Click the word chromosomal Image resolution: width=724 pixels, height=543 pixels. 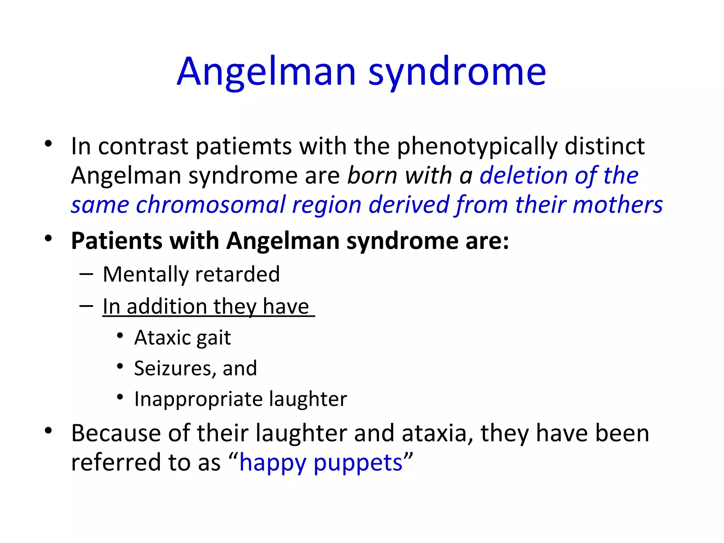(x=210, y=205)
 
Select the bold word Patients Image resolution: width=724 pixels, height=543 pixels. (x=116, y=241)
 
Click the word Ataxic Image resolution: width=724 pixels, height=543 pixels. (x=162, y=338)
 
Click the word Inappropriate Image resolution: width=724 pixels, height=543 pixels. (x=198, y=399)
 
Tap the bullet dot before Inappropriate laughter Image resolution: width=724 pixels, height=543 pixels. (x=120, y=397)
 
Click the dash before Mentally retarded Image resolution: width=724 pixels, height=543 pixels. (x=86, y=274)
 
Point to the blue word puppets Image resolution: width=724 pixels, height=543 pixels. (x=358, y=463)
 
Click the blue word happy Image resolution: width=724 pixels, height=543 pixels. (x=272, y=463)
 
